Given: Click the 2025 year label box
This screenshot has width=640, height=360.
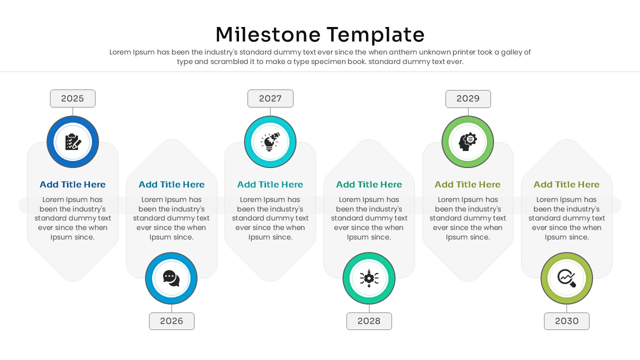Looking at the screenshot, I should click(x=72, y=98).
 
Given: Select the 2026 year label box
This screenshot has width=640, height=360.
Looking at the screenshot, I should click(x=171, y=321).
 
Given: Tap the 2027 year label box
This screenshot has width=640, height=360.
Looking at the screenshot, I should click(x=270, y=98).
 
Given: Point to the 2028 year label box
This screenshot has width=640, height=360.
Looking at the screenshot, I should click(x=369, y=321).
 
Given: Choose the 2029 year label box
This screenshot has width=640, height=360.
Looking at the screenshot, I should click(x=468, y=98).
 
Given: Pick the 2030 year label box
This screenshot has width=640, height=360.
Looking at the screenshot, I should click(x=566, y=321).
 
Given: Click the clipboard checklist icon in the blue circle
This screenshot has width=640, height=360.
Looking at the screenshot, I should click(x=73, y=142).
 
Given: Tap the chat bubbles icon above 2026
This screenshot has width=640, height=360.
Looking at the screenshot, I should click(x=171, y=278).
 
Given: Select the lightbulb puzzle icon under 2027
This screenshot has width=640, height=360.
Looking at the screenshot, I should click(x=270, y=142).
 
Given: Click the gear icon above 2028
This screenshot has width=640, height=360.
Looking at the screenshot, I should click(x=369, y=278).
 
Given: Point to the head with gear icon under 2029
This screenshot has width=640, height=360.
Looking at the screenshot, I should click(x=467, y=142).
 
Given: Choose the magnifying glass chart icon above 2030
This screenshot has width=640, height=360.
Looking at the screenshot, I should click(x=566, y=278).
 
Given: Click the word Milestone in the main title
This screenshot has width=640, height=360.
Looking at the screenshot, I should click(x=267, y=35).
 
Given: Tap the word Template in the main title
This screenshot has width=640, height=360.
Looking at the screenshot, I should click(x=376, y=35).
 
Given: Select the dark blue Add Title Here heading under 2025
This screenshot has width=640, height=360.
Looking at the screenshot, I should click(x=72, y=184).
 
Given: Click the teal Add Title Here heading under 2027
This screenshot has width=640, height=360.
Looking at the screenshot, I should click(x=270, y=184).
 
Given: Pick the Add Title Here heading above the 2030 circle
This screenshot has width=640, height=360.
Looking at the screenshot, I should click(x=566, y=184).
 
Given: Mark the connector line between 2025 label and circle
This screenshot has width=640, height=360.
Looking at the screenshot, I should click(x=72, y=111).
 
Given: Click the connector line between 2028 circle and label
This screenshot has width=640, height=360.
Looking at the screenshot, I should click(x=369, y=308).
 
